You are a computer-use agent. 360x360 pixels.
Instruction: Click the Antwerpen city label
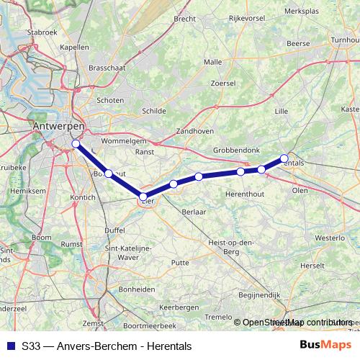58,126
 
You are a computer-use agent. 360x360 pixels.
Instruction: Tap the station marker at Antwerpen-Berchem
76,143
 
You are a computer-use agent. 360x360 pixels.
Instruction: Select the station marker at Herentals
284,158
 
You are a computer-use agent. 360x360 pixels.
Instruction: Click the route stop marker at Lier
143,196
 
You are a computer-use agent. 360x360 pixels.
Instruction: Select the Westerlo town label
329,237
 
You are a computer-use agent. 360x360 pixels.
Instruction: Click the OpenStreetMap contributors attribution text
297,323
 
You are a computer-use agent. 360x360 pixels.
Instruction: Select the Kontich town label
84,197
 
